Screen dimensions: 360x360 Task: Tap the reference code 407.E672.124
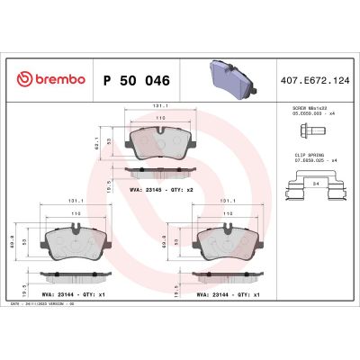pyautogui.click(x=314, y=80)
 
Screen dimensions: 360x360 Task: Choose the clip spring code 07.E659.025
pyautogui.click(x=301, y=160)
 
